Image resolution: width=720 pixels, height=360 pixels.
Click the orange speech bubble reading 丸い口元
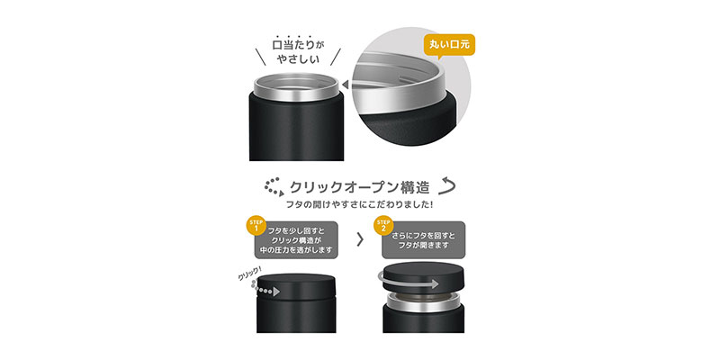click(x=449, y=46)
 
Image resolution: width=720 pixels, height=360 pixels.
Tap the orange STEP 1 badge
click(x=256, y=225)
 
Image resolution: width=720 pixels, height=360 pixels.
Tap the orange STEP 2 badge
click(x=383, y=225)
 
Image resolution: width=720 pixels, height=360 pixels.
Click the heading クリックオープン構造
click(x=359, y=187)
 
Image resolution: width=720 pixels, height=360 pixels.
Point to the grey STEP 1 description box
click(x=297, y=240)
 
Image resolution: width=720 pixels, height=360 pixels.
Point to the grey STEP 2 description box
click(x=423, y=240)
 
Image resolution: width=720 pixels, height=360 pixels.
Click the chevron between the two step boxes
click(x=360, y=239)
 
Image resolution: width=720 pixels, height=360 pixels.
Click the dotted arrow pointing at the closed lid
click(x=265, y=289)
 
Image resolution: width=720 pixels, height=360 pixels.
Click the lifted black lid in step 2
click(x=423, y=278)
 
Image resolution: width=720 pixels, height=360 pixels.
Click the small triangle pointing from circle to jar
click(x=345, y=85)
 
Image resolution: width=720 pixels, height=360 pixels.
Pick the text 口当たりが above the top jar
click(x=298, y=45)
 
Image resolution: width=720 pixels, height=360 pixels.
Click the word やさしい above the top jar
click(x=298, y=59)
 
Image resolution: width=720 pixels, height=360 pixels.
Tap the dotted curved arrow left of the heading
click(x=274, y=186)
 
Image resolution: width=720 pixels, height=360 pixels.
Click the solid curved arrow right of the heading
click(x=446, y=185)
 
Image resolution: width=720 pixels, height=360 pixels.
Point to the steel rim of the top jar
click(x=296, y=87)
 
